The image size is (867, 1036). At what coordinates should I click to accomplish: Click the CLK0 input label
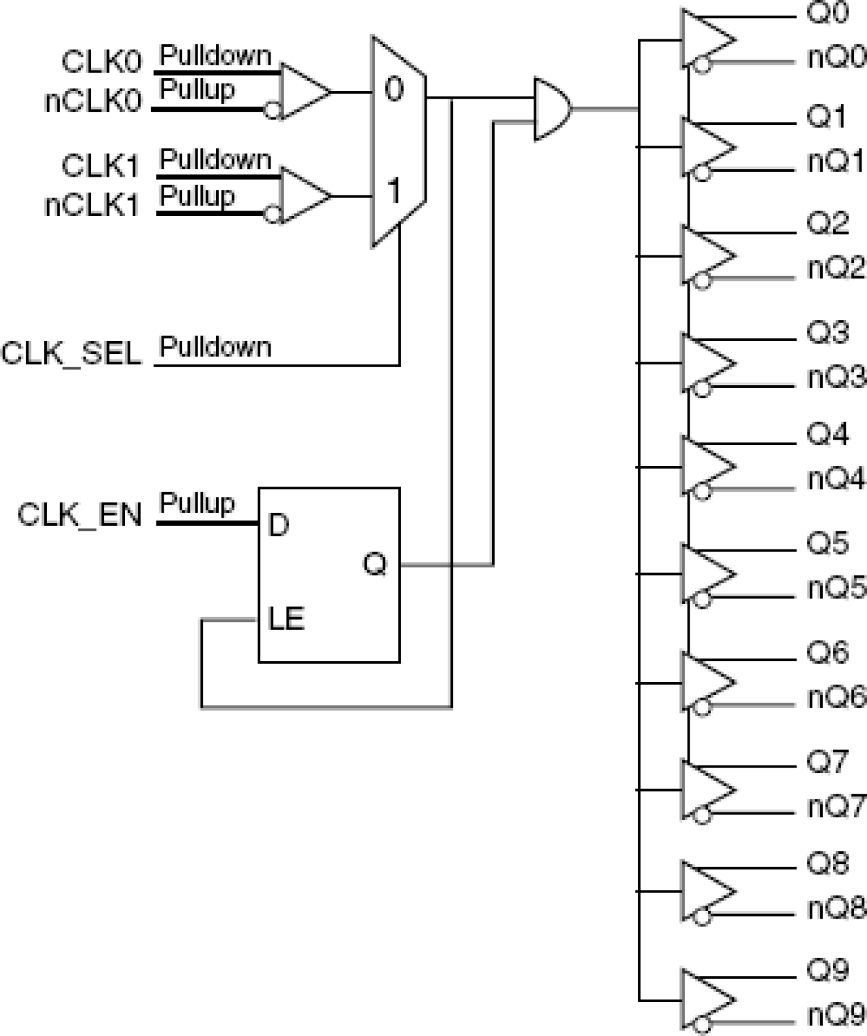[x=101, y=62]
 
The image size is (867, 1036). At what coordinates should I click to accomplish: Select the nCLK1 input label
[x=92, y=206]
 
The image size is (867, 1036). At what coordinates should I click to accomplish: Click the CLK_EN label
[x=79, y=516]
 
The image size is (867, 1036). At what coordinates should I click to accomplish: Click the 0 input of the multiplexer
[x=393, y=90]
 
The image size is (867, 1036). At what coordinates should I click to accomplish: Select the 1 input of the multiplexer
[x=393, y=191]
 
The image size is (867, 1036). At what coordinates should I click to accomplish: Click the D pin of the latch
[x=277, y=526]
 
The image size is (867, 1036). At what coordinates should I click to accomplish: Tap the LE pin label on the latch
[x=286, y=619]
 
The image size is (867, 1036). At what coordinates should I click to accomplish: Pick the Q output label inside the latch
[x=375, y=565]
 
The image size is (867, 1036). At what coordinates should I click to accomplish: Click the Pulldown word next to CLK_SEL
[x=215, y=346]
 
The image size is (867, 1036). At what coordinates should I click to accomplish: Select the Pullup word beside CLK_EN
[x=197, y=503]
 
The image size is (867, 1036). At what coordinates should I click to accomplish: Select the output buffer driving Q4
[x=706, y=467]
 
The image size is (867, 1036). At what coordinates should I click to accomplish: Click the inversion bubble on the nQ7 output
[x=702, y=815]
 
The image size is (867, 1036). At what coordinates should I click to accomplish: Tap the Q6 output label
[x=827, y=652]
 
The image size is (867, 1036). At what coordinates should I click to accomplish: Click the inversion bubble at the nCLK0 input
[x=273, y=110]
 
